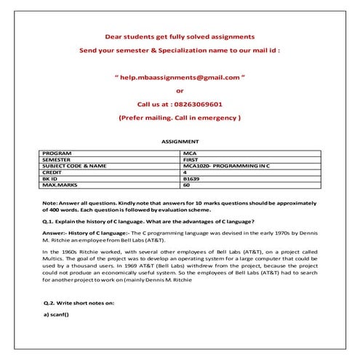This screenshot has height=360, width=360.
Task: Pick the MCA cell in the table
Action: coord(191,153)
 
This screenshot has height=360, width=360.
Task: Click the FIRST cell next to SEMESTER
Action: coord(193,159)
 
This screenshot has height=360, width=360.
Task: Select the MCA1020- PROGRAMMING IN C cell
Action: coord(227,166)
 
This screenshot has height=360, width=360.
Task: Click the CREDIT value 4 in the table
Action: coord(186,172)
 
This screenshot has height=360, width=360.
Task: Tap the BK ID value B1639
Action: coord(193,178)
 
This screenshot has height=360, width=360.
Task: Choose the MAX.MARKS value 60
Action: coord(188,185)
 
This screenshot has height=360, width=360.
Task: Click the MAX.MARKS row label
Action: coord(60,185)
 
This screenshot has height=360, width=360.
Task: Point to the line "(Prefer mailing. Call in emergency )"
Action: coord(179,117)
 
